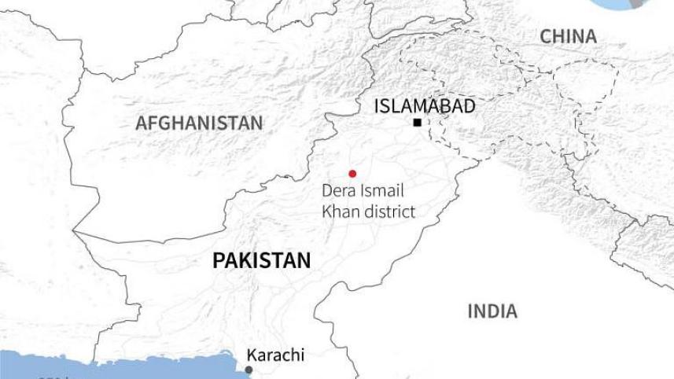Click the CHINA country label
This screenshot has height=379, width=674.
[x=568, y=36]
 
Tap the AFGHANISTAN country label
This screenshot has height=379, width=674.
[x=199, y=123]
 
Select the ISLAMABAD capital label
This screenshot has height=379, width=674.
[x=425, y=106]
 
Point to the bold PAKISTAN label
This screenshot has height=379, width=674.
[x=261, y=261]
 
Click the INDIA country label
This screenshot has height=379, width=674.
[x=492, y=311]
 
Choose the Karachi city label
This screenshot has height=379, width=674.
[x=275, y=355]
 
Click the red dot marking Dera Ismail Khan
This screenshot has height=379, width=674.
[x=352, y=174]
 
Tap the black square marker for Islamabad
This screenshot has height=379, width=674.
[x=417, y=123]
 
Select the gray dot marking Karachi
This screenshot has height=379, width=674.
[x=249, y=370]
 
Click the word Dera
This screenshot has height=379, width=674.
[x=339, y=191]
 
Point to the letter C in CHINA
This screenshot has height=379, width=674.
[x=545, y=36]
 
